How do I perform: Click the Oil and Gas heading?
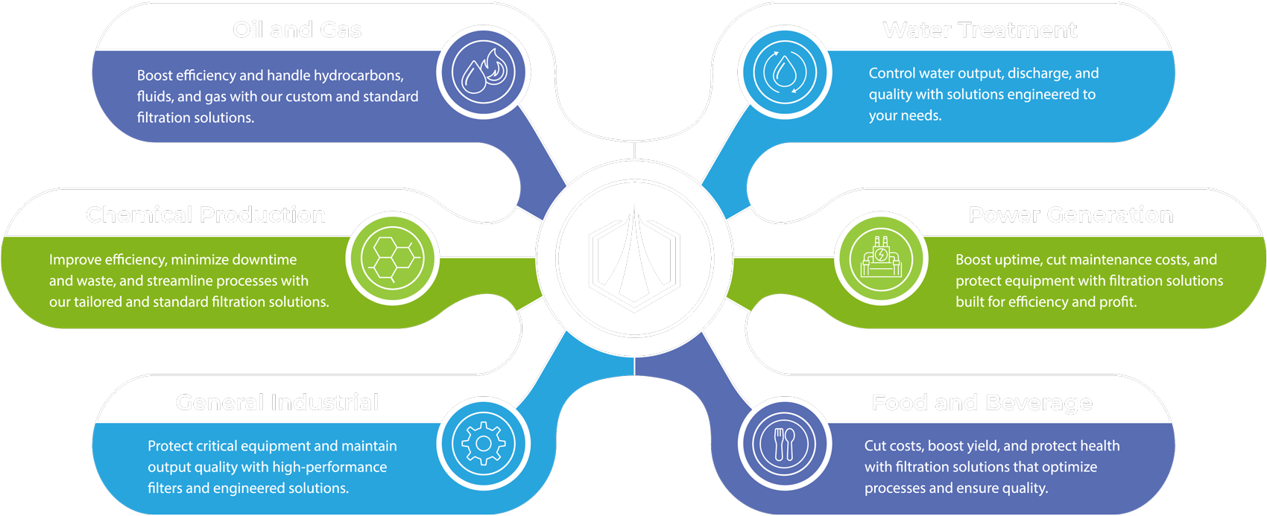(x=297, y=30)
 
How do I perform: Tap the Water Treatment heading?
(x=979, y=30)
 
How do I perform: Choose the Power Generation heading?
(x=1070, y=215)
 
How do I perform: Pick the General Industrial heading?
(x=277, y=403)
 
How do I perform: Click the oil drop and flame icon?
(x=483, y=72)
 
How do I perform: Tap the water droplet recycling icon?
(x=785, y=72)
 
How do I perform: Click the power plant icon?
(x=880, y=258)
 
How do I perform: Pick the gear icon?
(x=483, y=444)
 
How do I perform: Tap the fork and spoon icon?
(x=784, y=444)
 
